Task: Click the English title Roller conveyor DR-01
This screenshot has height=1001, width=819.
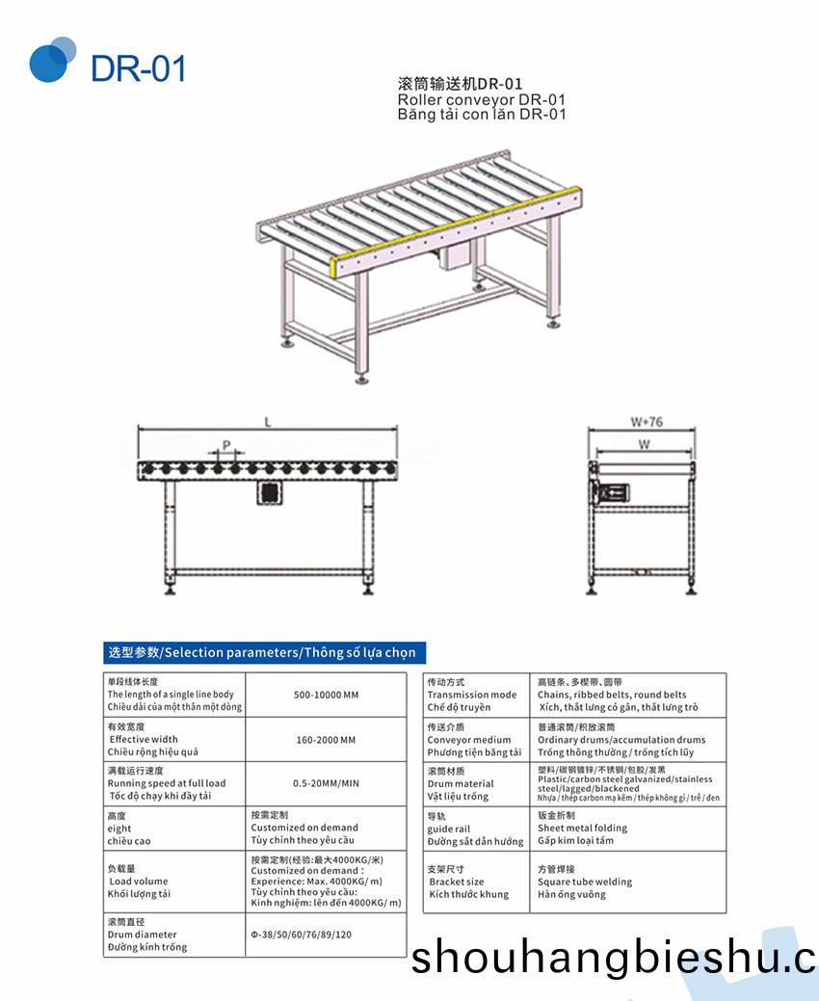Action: [x=481, y=99]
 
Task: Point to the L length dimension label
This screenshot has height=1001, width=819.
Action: [x=268, y=421]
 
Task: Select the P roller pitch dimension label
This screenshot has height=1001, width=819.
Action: [x=226, y=445]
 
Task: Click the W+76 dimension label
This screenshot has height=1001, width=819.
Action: [x=647, y=421]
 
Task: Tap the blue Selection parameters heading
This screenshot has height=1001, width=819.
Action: [x=261, y=652]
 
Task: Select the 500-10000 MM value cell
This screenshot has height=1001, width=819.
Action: [x=325, y=695]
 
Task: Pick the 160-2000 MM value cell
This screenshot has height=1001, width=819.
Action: [x=325, y=740]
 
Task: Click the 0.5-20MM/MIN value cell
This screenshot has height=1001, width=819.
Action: [x=325, y=783]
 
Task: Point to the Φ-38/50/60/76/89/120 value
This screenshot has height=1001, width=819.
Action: [x=300, y=935]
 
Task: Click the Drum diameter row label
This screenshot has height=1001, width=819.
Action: [x=142, y=935]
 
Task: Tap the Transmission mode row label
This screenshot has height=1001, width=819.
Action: [x=471, y=695]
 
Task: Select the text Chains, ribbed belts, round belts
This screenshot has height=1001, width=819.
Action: [x=612, y=695]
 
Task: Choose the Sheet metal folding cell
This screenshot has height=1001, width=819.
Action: [x=582, y=828]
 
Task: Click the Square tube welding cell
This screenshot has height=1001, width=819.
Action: [x=585, y=882]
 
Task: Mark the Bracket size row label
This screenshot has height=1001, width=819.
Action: [x=457, y=882]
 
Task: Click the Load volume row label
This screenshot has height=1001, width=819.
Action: [x=138, y=881]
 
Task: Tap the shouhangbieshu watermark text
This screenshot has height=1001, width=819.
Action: [x=613, y=959]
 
